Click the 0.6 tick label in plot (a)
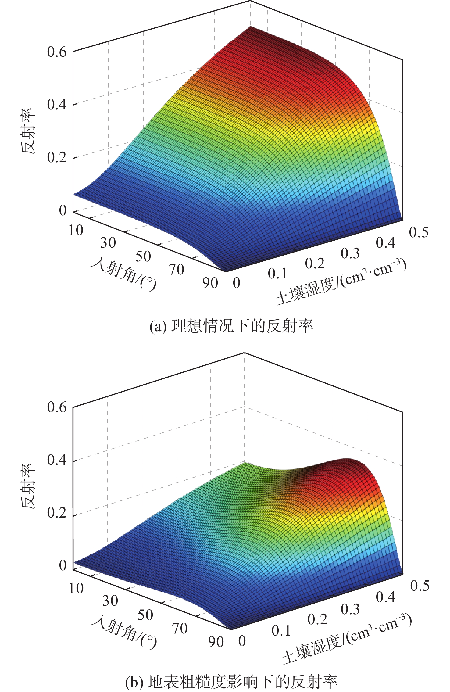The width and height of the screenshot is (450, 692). point(57,52)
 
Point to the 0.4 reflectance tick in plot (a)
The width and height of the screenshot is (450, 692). point(57,104)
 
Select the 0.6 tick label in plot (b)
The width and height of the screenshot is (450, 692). point(57,407)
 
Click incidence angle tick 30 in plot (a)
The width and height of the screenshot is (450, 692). point(108,243)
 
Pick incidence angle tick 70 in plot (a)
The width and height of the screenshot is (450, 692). point(177,270)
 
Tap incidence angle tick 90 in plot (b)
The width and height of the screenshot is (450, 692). point(216,641)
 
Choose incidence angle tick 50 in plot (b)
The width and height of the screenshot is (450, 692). point(145,615)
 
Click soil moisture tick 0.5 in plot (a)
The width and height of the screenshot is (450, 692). point(419,232)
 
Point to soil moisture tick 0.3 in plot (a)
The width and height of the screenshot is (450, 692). point(350,254)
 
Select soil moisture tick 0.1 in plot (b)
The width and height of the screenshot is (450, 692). point(281,630)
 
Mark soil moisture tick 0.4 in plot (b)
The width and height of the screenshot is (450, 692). point(386,597)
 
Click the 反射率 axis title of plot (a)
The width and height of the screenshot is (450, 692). point(28,131)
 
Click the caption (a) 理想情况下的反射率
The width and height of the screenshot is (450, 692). point(231,326)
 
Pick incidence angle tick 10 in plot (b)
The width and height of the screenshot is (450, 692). point(76,588)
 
